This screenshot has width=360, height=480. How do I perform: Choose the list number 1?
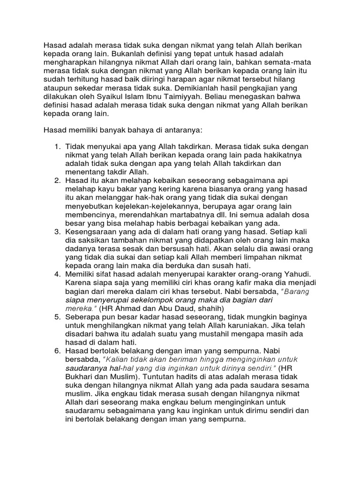click(x=57, y=147)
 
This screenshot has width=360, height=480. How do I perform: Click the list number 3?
click(x=57, y=232)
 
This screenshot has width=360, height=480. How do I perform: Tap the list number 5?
click(x=57, y=317)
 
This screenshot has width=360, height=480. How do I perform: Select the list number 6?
click(x=57, y=351)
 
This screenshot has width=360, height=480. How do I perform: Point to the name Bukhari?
click(x=80, y=376)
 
